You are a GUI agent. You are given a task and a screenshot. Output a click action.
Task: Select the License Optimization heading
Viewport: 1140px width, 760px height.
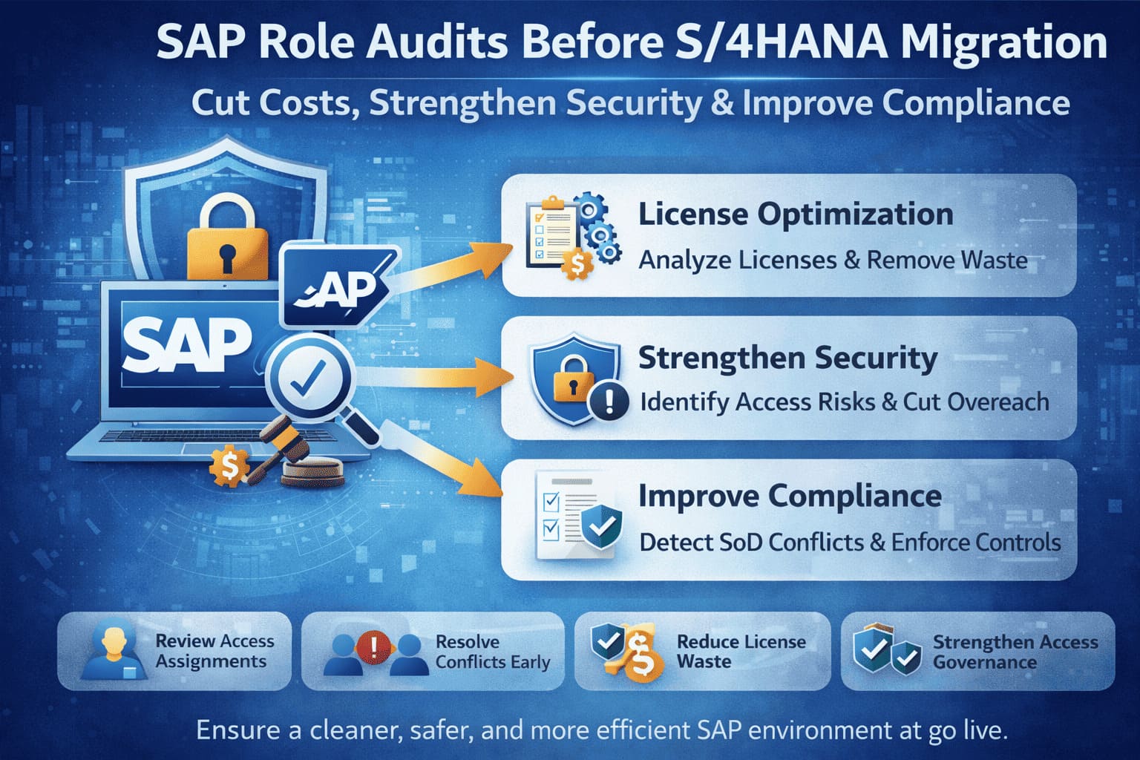[x=796, y=214]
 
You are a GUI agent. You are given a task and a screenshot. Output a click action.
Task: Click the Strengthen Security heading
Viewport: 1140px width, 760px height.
[x=787, y=358]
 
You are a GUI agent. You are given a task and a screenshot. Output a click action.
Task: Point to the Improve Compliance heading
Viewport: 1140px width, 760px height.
[x=790, y=496]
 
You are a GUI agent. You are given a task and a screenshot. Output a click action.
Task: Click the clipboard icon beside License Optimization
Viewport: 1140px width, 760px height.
[x=551, y=231]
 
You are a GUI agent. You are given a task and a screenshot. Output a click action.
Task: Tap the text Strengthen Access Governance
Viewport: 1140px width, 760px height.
[x=1015, y=652]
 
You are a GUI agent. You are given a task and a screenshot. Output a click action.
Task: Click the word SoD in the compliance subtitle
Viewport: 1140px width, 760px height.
[x=740, y=542]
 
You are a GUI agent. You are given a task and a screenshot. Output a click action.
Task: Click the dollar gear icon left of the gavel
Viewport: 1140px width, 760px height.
[x=229, y=466]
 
